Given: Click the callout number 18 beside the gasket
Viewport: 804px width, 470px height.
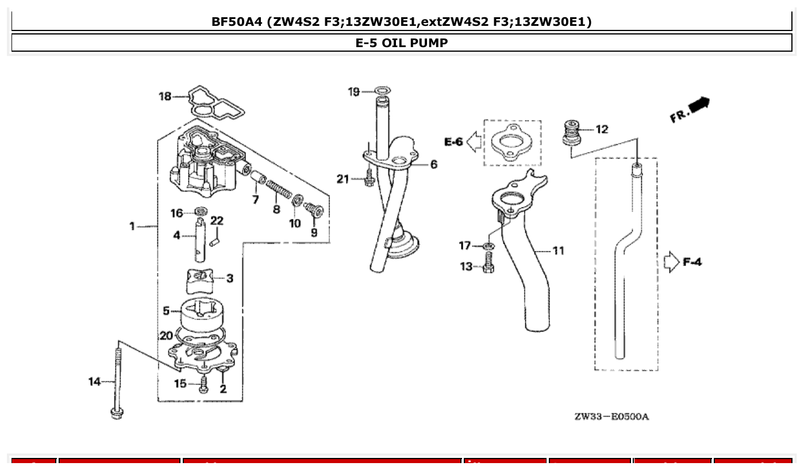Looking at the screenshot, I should (x=166, y=97).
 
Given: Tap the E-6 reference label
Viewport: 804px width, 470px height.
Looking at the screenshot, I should (x=453, y=142).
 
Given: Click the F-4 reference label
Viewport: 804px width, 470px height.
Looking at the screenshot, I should (x=692, y=262).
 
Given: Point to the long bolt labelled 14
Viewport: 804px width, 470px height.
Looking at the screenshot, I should (x=117, y=379).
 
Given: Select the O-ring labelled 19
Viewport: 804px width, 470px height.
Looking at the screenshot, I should (x=383, y=90).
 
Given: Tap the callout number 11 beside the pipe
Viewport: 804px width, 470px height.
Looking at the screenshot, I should (x=557, y=251).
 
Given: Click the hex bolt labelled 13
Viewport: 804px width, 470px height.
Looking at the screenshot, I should (x=488, y=264).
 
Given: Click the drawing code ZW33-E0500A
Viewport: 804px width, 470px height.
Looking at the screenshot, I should (x=611, y=416).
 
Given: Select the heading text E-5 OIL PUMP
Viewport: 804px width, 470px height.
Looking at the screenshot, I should (x=402, y=43).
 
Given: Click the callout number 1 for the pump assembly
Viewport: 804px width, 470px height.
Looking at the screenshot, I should (x=132, y=226).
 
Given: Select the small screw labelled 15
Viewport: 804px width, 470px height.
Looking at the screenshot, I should (x=203, y=385).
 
